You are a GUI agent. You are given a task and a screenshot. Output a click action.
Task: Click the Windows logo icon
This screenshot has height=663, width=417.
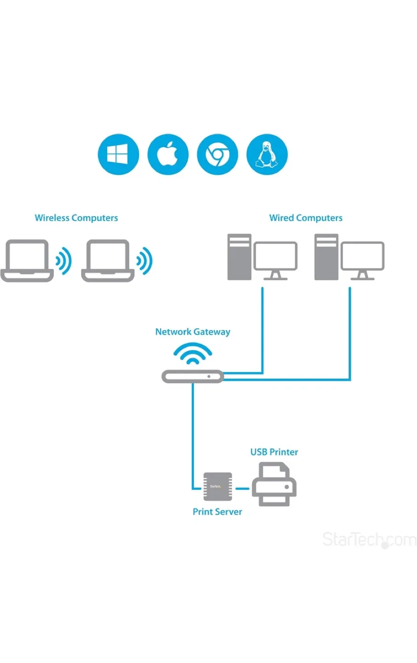(118, 155)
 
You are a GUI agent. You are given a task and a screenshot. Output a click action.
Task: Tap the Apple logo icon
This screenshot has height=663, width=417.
(168, 155)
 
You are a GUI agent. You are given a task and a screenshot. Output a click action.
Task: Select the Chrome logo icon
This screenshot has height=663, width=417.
(217, 155)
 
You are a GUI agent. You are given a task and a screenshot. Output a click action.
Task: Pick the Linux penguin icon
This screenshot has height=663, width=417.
(267, 155)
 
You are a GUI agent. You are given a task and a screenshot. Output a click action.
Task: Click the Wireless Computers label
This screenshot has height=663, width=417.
(76, 218)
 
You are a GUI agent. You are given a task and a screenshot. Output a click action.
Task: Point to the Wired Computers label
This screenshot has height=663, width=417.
(306, 218)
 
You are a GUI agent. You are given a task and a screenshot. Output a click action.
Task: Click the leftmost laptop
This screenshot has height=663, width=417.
(27, 260)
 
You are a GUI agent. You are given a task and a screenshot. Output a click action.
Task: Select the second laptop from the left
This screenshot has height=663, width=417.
(108, 260)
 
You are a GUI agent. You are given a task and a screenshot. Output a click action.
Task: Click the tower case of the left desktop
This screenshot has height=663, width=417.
(239, 257)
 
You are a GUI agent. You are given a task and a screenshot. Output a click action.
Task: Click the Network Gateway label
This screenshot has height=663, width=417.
(192, 331)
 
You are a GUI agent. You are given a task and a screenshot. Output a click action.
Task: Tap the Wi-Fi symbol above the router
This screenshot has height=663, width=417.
(192, 355)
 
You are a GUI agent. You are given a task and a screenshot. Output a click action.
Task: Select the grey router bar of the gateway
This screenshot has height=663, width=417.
(192, 377)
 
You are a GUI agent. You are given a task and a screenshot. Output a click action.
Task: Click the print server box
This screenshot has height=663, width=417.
(218, 487)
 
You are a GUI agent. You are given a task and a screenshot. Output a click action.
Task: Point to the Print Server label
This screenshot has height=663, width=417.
(217, 512)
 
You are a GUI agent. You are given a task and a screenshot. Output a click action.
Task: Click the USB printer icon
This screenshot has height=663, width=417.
(274, 484)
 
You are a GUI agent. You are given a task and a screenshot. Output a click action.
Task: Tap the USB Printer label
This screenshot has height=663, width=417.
(274, 452)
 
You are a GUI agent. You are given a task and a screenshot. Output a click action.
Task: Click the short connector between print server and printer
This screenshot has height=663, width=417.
(242, 488)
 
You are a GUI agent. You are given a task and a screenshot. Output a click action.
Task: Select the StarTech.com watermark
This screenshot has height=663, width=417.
(369, 539)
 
